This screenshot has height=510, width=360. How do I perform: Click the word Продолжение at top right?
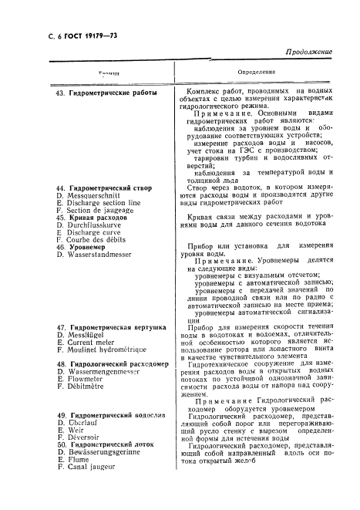[308, 52]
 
